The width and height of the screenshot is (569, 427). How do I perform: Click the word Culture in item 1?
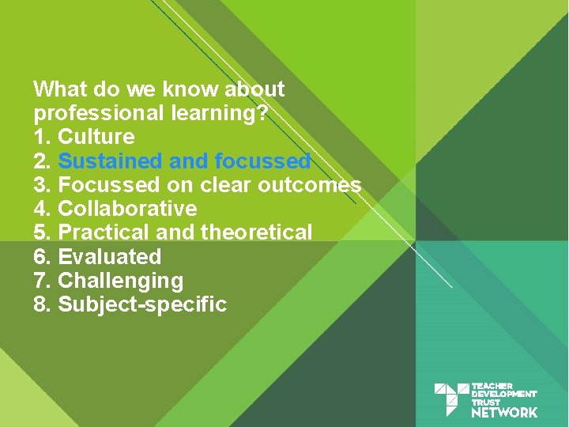[96, 137]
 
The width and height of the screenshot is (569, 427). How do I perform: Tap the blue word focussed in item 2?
[262, 161]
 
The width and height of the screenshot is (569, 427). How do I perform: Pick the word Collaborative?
[127, 209]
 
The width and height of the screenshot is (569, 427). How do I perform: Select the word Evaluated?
[110, 257]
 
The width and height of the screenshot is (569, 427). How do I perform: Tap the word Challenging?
[121, 281]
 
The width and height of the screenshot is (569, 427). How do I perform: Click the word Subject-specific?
[142, 304]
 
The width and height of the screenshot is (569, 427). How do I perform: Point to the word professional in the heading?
[100, 113]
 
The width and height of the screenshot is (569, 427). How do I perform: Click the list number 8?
[41, 304]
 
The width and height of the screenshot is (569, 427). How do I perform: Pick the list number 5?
[41, 232]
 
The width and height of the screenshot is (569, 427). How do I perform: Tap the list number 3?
[41, 185]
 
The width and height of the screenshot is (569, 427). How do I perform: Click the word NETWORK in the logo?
[504, 412]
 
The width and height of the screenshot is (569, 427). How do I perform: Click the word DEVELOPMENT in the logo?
[503, 394]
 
